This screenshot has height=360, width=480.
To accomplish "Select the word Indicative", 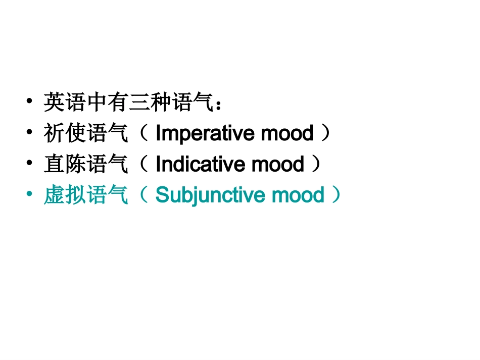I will tap(201, 165).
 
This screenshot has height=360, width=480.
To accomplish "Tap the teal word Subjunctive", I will tap(212, 195).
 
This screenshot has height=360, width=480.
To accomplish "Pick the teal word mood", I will tap(300, 195).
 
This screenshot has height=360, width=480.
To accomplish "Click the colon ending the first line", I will tap(218, 105).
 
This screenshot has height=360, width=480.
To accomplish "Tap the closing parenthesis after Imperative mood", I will tap(326, 134).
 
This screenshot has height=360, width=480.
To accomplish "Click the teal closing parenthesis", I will tap(336, 195).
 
